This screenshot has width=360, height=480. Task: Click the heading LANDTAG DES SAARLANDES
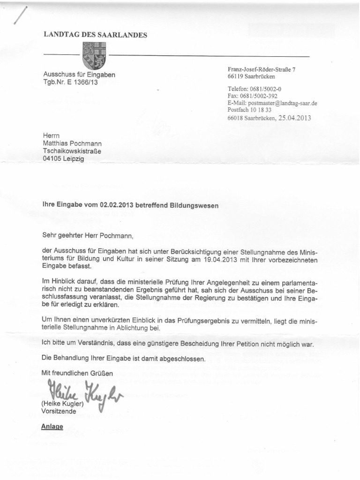coord(95,35)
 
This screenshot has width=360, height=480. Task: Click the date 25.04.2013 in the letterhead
coord(294,118)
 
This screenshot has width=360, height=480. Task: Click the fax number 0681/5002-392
coord(262,96)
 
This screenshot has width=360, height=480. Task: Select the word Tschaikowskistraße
coord(72,151)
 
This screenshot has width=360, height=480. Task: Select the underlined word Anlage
coord(53,427)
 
